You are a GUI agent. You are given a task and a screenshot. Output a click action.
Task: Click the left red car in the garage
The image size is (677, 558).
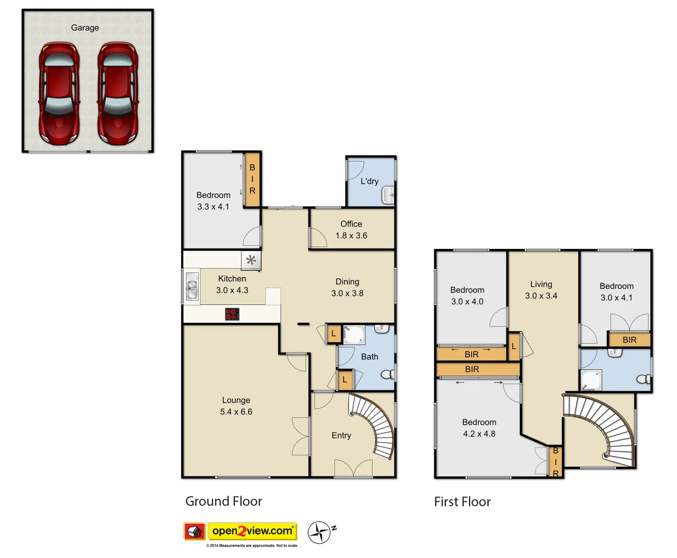click(59, 94)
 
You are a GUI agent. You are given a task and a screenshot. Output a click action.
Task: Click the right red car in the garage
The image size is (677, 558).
click(118, 94)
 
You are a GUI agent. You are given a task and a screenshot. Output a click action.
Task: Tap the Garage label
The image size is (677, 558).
click(85, 28)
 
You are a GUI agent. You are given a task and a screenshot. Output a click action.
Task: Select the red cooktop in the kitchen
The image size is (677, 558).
click(232, 314)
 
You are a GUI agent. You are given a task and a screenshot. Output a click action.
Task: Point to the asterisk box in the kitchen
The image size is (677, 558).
click(251, 260)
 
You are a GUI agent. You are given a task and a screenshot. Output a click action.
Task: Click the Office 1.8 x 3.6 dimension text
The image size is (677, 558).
click(351, 236)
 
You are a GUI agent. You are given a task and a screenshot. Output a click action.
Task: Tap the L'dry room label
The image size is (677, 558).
click(369, 181)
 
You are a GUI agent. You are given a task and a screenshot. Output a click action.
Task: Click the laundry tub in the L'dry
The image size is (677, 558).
click(388, 195)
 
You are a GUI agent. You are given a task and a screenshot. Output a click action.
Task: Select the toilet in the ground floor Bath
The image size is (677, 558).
click(388, 374)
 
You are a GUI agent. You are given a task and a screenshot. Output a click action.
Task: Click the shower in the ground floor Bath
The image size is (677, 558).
click(354, 334)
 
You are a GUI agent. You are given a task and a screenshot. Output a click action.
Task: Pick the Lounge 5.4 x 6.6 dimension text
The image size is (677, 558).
click(236, 412)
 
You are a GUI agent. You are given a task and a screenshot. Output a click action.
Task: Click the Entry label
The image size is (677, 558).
click(341, 436)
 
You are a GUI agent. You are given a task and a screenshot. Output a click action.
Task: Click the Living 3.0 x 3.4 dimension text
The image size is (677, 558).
click(541, 296)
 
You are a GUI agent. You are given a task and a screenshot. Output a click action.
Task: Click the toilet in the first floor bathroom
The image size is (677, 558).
click(644, 379)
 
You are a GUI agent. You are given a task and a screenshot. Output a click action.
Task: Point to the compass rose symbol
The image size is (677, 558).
click(319, 533)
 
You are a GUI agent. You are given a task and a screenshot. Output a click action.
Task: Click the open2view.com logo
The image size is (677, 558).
click(252, 531)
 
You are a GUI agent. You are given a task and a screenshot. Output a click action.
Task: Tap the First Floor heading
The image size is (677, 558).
click(462, 502)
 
